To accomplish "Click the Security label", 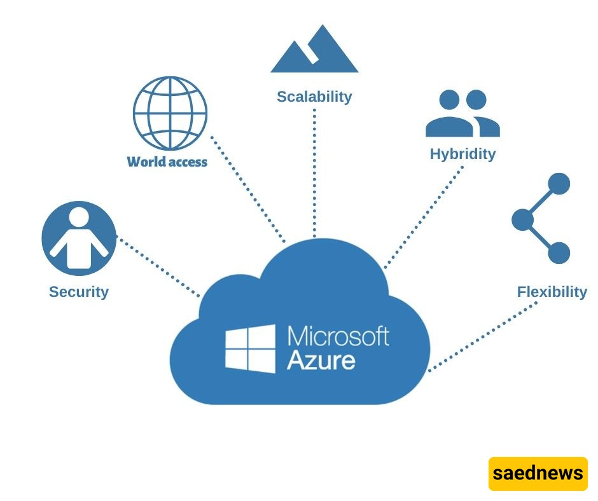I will pyautogui.click(x=79, y=292).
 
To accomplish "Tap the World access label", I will pyautogui.click(x=167, y=161).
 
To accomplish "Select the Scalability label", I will pyautogui.click(x=314, y=97).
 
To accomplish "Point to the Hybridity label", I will pyautogui.click(x=462, y=154).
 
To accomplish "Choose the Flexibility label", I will pyautogui.click(x=552, y=292).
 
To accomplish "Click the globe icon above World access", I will pyautogui.click(x=170, y=113).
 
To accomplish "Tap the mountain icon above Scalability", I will pyautogui.click(x=314, y=51).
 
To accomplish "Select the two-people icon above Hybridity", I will pyautogui.click(x=462, y=114).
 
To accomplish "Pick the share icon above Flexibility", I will pyautogui.click(x=541, y=219).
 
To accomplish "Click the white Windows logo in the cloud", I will pyautogui.click(x=250, y=348).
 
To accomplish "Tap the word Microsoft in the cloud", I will pyautogui.click(x=338, y=335).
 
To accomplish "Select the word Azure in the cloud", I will pyautogui.click(x=321, y=360).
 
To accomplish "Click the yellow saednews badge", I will pyautogui.click(x=538, y=474).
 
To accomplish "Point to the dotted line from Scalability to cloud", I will pyautogui.click(x=314, y=172).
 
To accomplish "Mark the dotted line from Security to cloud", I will pyautogui.click(x=159, y=267).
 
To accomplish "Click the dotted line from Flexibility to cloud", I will pyautogui.click(x=483, y=337).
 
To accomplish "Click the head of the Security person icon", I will pyautogui.click(x=79, y=217).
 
